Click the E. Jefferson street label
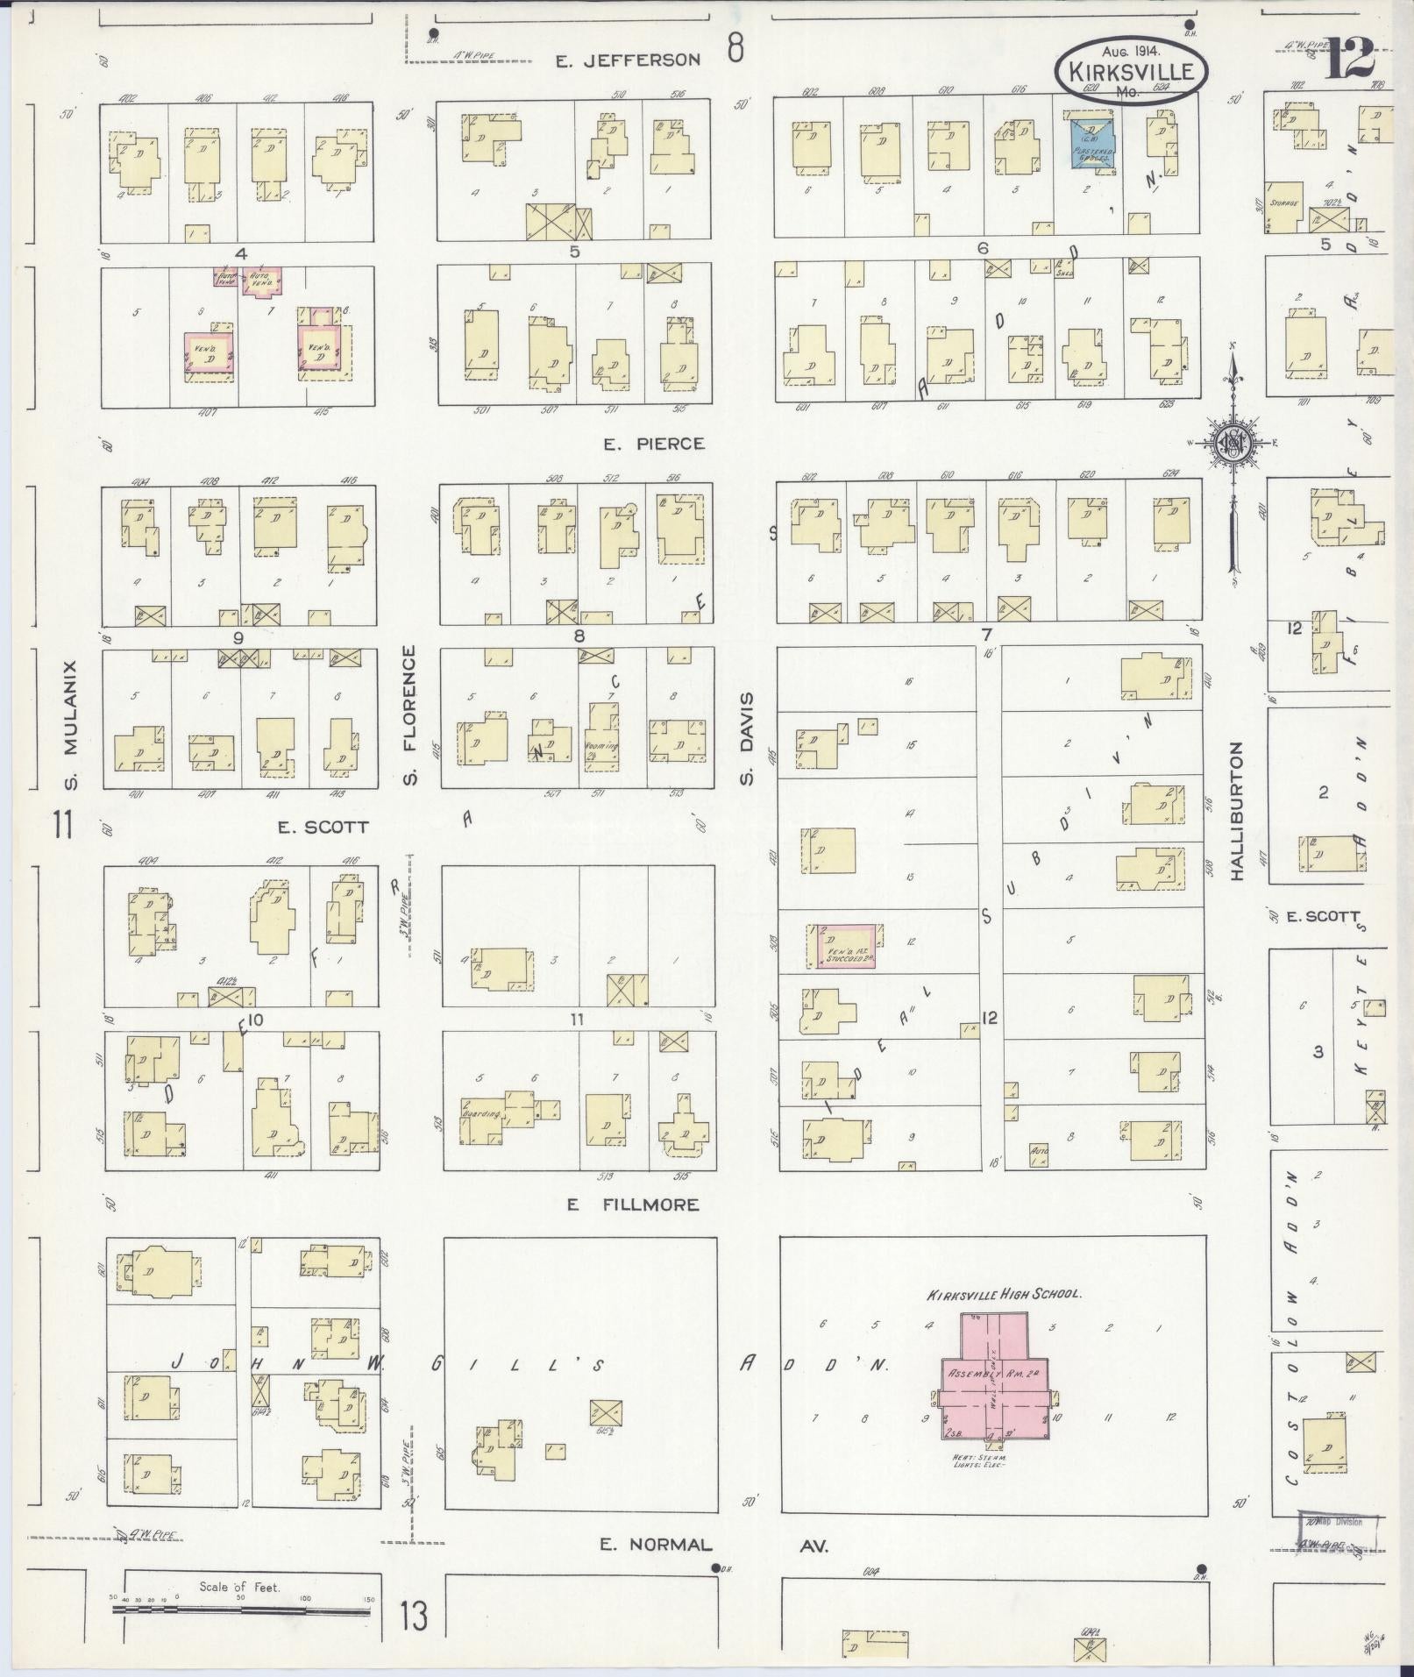629,60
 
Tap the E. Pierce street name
654,444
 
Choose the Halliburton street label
1237,811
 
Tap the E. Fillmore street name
632,1204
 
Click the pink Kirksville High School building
995,1385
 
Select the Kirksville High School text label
1005,1293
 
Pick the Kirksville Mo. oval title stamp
1131,68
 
